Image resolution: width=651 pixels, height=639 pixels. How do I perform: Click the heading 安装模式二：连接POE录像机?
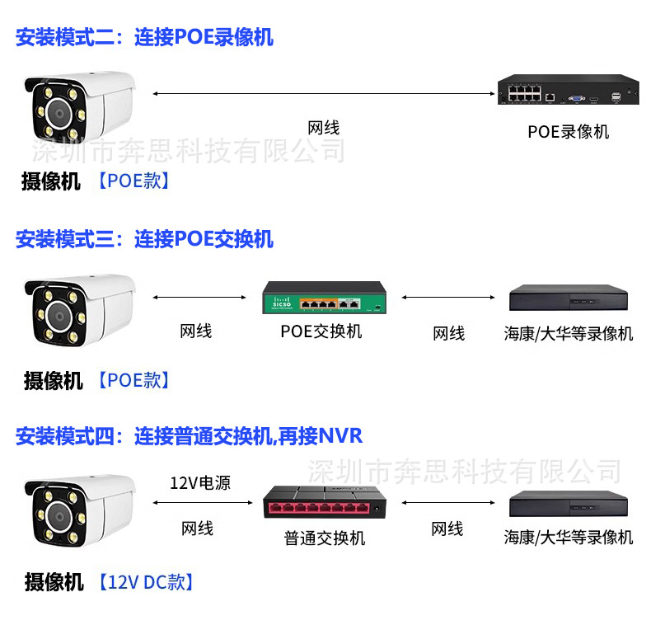point(144,37)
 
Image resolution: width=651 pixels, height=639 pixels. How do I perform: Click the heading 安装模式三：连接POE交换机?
point(144,240)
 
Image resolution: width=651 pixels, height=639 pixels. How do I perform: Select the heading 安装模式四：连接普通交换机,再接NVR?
point(189,435)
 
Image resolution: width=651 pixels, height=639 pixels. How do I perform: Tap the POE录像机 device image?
point(569,90)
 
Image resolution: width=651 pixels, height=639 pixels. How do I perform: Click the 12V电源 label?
point(200,483)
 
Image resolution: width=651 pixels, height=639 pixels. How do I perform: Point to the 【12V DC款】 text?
point(146,582)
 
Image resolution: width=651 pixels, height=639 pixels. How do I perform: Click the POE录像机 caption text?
point(569,132)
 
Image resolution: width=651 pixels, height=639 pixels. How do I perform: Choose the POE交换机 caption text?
point(321,331)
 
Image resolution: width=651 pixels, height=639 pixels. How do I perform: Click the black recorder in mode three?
point(569,300)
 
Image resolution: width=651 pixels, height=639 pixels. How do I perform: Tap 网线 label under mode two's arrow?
point(323,128)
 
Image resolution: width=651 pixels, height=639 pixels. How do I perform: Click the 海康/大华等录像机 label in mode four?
point(569,538)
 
